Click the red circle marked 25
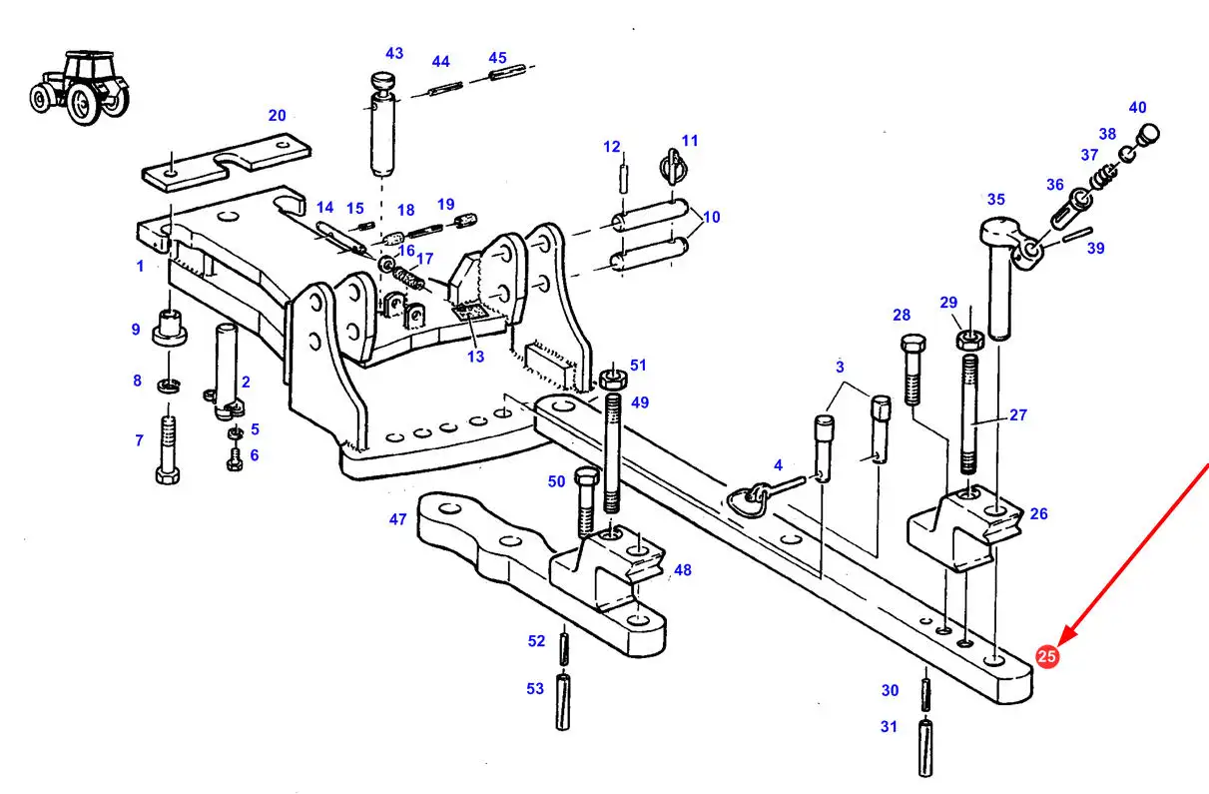(x=1046, y=656)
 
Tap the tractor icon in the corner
(x=80, y=88)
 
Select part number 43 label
(x=394, y=54)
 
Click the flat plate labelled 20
(x=227, y=163)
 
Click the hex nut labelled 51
(x=613, y=380)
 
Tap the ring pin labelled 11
(x=673, y=166)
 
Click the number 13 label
(x=475, y=357)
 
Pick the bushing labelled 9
(x=170, y=328)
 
